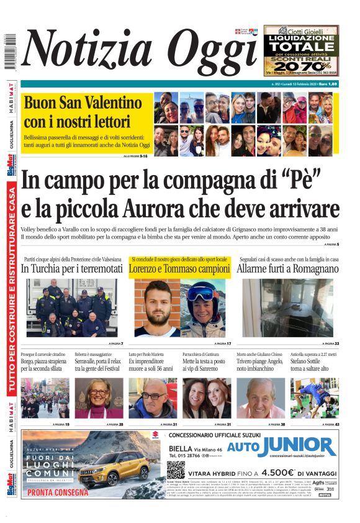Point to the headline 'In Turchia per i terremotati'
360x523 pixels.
pos(72,269)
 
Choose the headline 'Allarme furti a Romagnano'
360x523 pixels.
pos(288,269)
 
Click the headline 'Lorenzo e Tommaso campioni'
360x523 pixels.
pos(180,269)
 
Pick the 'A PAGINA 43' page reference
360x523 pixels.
pos(330,424)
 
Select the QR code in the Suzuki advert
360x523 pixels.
pos(176,470)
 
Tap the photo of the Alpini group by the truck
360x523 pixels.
pos(72,307)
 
